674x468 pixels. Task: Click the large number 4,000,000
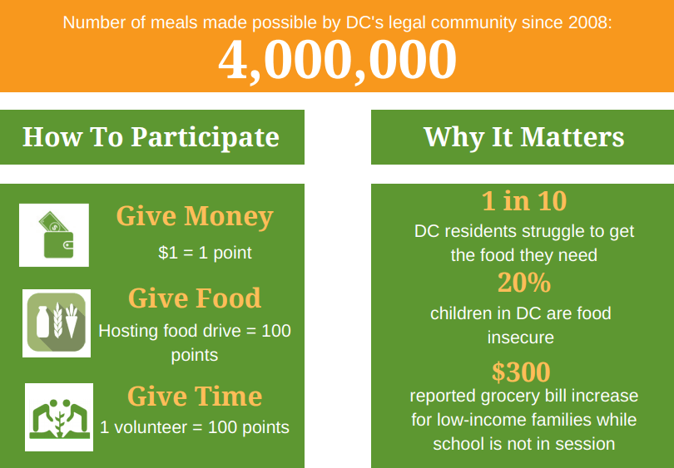click(x=337, y=60)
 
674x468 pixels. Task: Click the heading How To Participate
click(x=151, y=137)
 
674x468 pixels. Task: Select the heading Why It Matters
click(x=523, y=137)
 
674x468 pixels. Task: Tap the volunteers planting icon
click(x=59, y=417)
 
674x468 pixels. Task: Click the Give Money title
click(x=195, y=216)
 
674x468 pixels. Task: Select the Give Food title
click(x=195, y=298)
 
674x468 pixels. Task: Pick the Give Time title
click(x=195, y=396)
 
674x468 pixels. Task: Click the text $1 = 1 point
click(x=205, y=253)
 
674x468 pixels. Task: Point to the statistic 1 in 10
click(x=524, y=200)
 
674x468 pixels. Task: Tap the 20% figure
click(x=524, y=283)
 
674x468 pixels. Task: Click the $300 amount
click(x=521, y=372)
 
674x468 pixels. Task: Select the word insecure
click(x=521, y=337)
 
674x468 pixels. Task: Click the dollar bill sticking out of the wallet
click(x=54, y=222)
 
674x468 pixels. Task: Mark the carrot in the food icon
click(x=72, y=321)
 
